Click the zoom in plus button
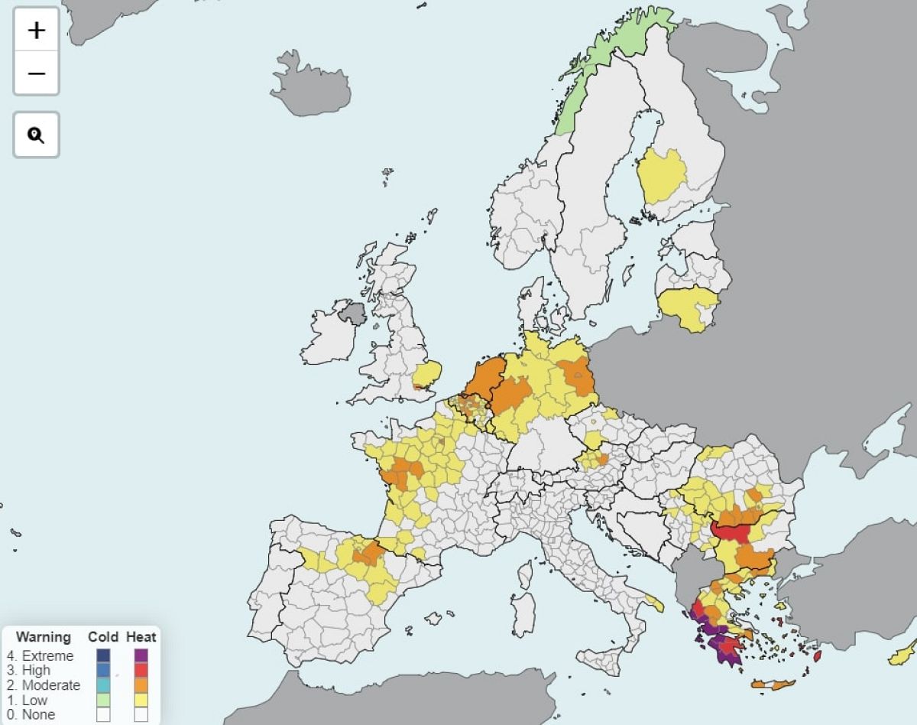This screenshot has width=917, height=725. point(36,31)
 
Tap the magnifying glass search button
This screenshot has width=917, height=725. point(36,135)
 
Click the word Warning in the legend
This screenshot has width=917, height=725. point(44,636)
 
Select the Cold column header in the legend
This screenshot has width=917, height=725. point(103,636)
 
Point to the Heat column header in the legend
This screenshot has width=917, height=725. point(141,636)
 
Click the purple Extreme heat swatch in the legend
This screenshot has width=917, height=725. point(141,655)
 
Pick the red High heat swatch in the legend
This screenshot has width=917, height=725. point(141,671)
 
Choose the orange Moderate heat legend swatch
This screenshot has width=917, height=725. point(141,685)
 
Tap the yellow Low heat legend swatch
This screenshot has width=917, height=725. point(141,700)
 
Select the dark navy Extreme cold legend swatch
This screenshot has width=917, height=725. point(103,655)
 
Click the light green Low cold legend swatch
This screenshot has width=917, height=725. point(103,700)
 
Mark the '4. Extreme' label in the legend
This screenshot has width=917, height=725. point(41,655)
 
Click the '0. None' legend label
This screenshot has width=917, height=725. point(31,714)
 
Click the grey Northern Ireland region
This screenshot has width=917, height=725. point(354,313)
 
